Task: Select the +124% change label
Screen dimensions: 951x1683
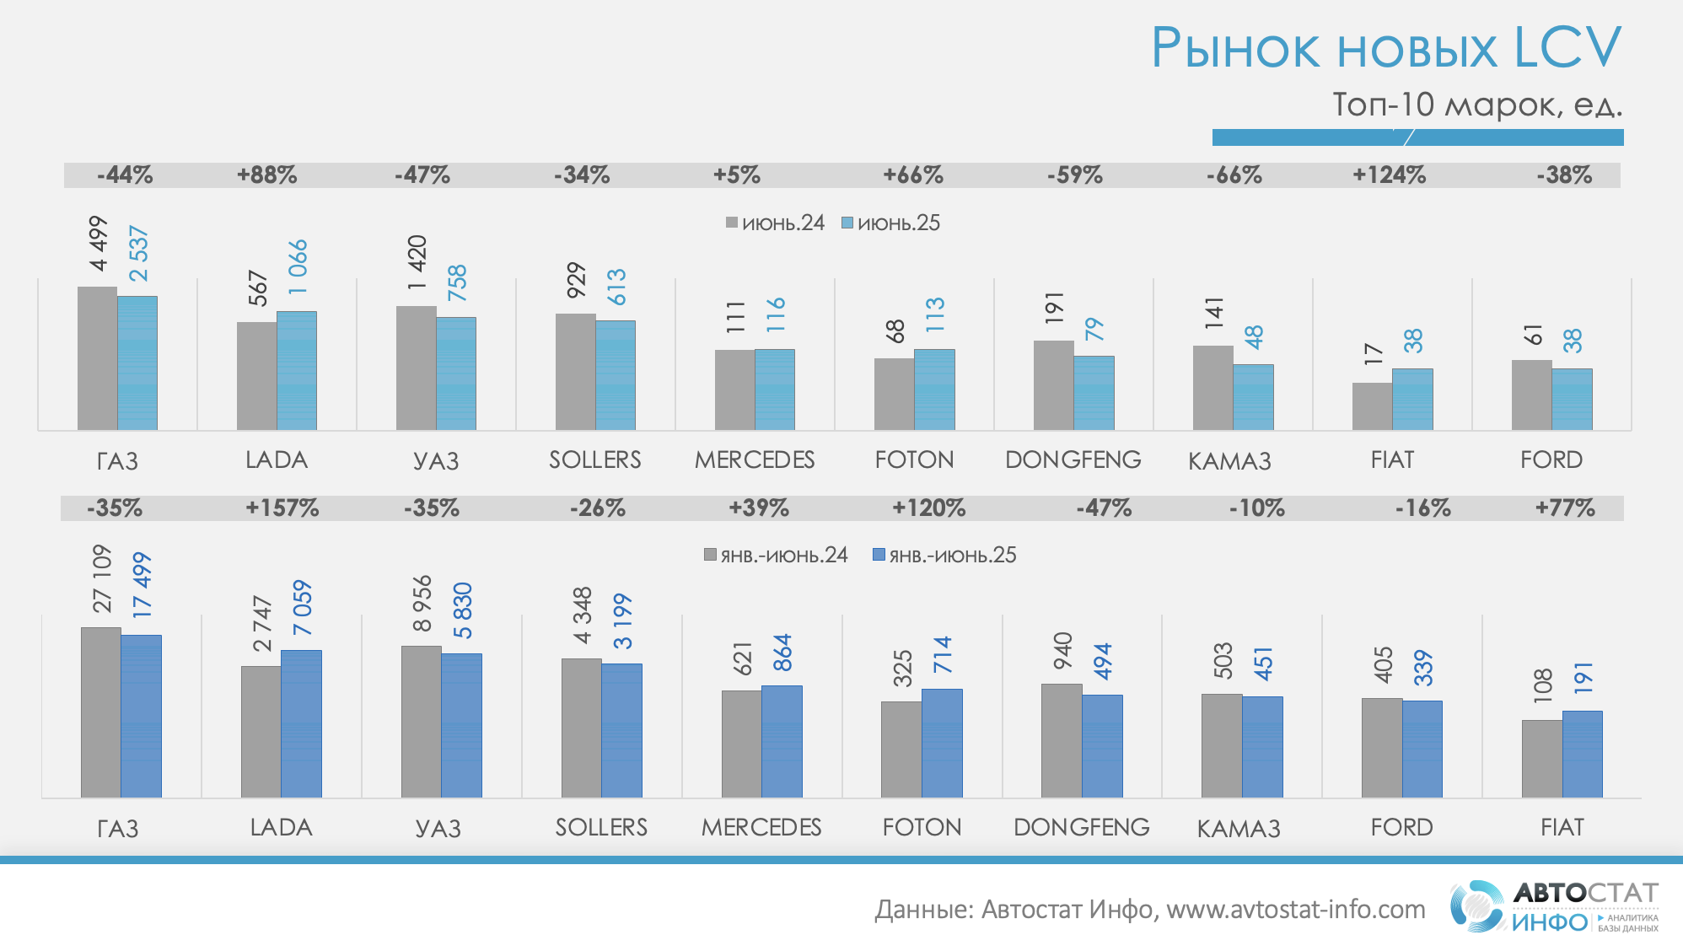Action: [1389, 175]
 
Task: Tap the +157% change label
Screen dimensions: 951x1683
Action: [282, 508]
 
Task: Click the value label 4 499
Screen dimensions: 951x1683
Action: [99, 244]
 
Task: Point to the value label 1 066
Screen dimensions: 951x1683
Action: [298, 267]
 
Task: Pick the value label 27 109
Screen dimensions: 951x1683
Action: [102, 578]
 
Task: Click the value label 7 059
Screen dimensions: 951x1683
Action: [302, 608]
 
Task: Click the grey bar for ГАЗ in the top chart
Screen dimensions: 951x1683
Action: [97, 358]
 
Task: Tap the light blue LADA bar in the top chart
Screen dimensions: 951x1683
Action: [297, 371]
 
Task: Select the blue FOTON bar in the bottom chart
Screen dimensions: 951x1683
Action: [942, 744]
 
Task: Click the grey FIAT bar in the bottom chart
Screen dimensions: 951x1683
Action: [1541, 759]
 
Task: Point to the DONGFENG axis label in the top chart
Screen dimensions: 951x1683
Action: [1073, 460]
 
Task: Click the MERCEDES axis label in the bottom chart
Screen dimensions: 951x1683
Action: [761, 828]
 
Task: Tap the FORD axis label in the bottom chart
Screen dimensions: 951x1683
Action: [1401, 828]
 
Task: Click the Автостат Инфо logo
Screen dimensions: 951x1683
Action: [1554, 907]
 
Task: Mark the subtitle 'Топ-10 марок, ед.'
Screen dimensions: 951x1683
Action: [1476, 105]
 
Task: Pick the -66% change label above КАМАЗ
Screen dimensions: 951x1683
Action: [1234, 175]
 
